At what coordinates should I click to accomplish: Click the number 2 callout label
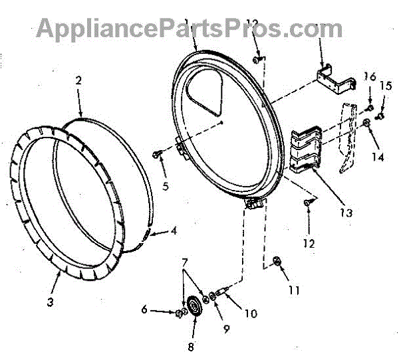(78, 81)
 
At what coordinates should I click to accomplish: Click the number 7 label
(185, 264)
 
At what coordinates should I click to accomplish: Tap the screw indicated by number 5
(156, 154)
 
